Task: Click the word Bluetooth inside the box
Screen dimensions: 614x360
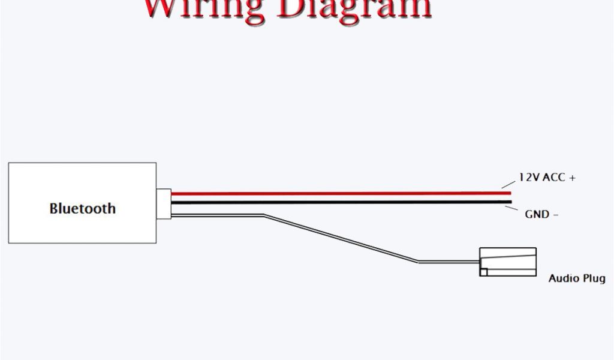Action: tap(82, 209)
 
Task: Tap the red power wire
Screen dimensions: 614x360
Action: tap(336, 194)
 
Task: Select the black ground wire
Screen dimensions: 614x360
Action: tap(336, 202)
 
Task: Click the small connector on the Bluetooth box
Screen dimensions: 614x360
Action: tap(164, 202)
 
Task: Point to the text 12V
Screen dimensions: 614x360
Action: tap(529, 178)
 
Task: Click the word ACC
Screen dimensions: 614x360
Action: tap(555, 178)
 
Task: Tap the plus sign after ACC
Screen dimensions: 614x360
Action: tap(572, 178)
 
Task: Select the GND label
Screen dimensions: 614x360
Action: tap(537, 214)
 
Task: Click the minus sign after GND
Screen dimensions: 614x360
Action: tap(556, 214)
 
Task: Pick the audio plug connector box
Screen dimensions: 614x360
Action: tap(507, 262)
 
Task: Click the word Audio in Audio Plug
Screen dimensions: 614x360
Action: tap(562, 278)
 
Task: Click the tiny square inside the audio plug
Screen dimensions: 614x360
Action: tap(483, 272)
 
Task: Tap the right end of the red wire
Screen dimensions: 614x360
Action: tap(510, 193)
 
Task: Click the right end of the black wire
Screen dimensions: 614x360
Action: tap(510, 202)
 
